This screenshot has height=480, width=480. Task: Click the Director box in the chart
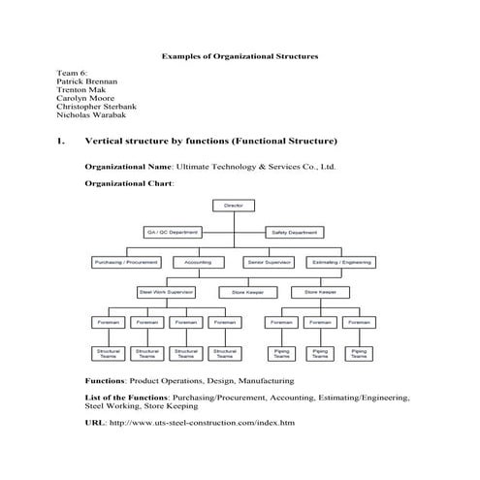[233, 206]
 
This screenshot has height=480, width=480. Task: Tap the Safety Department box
[294, 234]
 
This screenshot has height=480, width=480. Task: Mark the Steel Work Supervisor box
[167, 291]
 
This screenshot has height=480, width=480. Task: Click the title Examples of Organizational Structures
[239, 57]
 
